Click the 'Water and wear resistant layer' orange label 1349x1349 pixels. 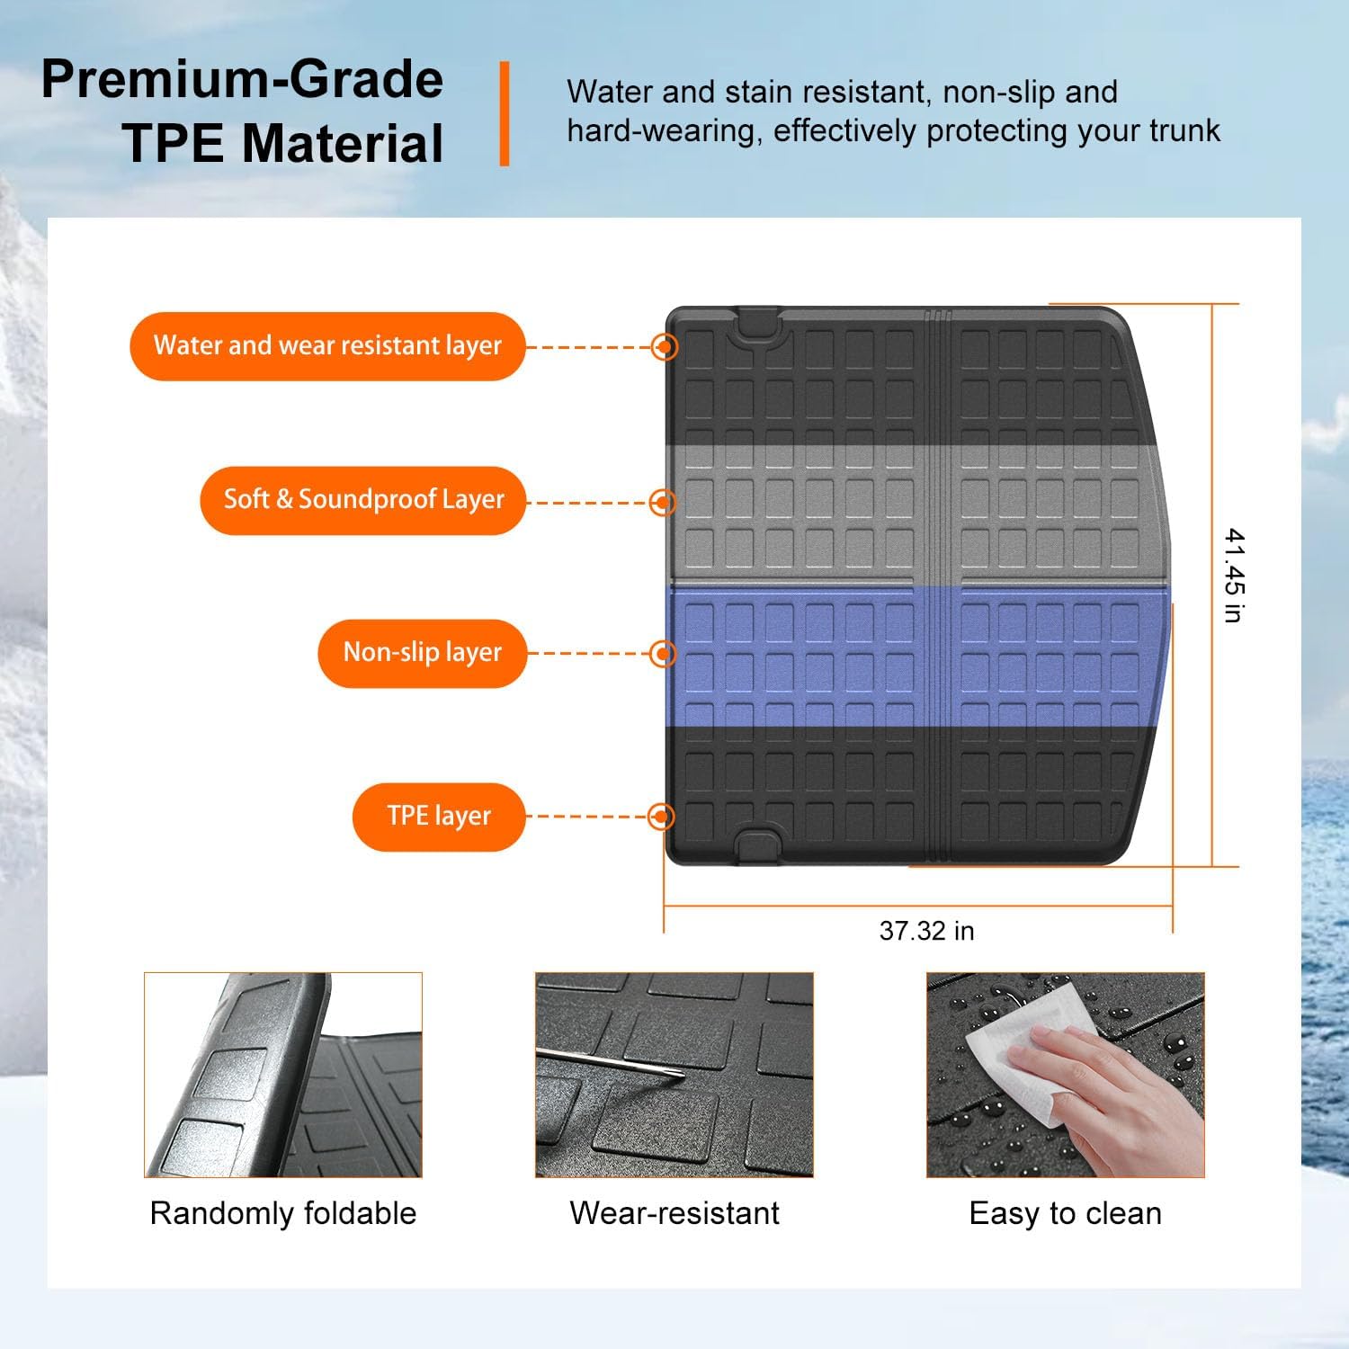click(327, 346)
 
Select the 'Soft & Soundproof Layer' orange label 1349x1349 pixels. click(362, 500)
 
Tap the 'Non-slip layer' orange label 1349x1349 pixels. click(422, 653)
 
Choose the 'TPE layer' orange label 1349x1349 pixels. click(438, 817)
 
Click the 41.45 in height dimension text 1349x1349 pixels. click(1234, 576)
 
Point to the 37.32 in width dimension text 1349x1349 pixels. click(926, 931)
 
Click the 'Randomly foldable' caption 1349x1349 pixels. click(282, 1213)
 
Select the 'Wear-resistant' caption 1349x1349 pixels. click(674, 1213)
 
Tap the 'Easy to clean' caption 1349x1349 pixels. click(1065, 1213)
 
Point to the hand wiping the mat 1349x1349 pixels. click(1106, 1088)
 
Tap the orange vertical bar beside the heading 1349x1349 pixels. click(505, 113)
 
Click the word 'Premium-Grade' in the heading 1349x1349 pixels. click(242, 79)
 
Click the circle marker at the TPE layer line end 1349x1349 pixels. click(662, 817)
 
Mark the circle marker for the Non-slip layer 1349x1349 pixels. click(663, 653)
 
